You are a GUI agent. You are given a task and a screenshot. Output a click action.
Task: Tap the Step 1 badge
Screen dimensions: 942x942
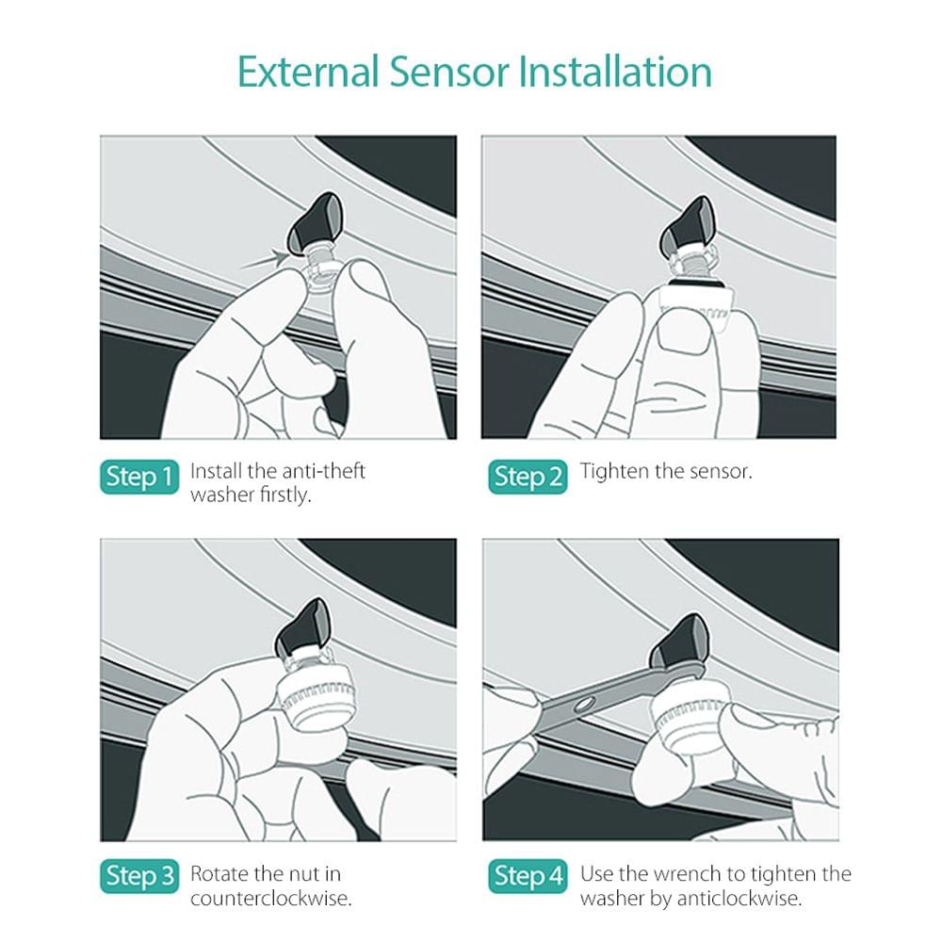pyautogui.click(x=139, y=477)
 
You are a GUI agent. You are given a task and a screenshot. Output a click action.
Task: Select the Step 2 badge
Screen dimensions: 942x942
pyautogui.click(x=528, y=477)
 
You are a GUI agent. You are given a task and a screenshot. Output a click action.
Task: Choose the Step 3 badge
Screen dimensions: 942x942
pyautogui.click(x=139, y=877)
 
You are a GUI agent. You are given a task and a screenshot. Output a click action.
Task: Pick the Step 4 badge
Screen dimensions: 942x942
pyautogui.click(x=528, y=877)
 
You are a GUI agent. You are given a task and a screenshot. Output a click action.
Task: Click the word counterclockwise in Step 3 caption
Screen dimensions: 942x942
pyautogui.click(x=270, y=898)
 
